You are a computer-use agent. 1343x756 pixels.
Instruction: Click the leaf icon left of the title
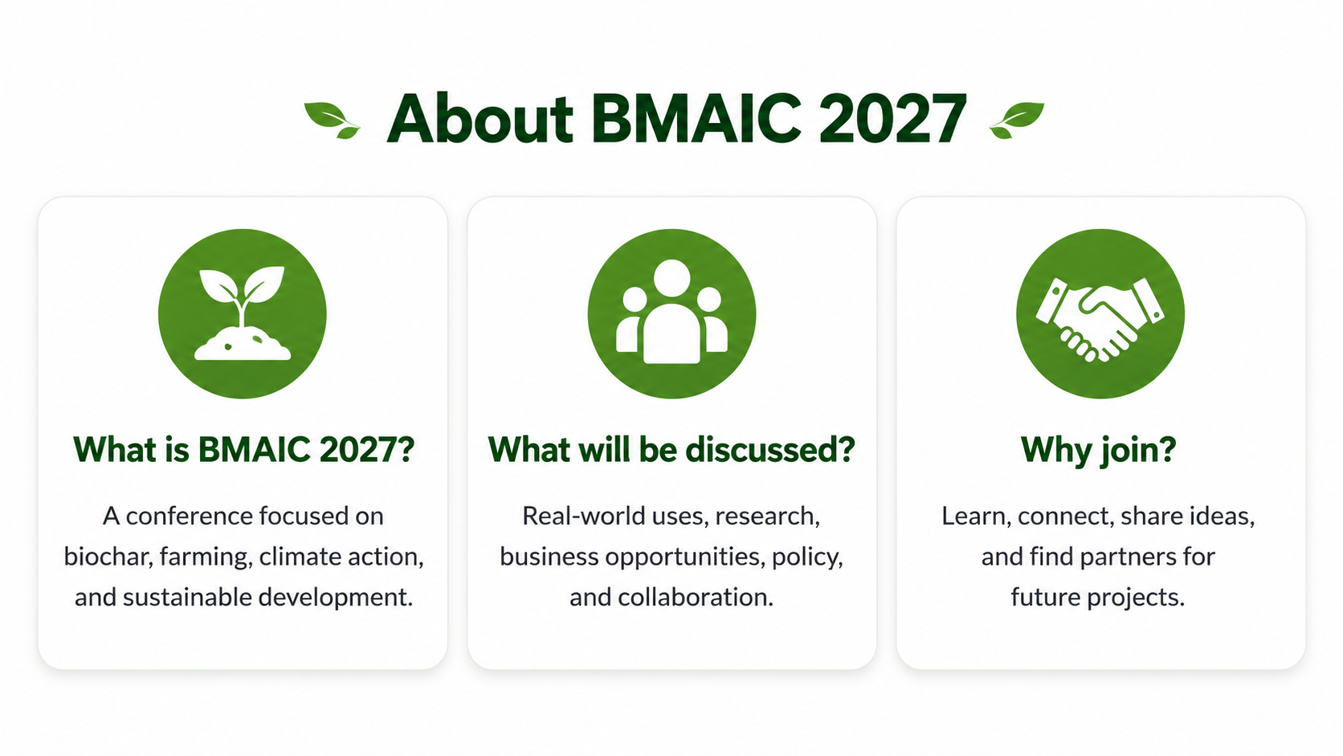tap(333, 120)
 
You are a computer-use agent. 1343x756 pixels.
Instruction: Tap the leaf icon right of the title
tap(1017, 120)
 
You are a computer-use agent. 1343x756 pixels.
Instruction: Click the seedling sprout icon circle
tap(243, 313)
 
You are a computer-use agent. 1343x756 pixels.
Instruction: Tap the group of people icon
tap(671, 313)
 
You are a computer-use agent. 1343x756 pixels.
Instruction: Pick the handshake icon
tap(1100, 313)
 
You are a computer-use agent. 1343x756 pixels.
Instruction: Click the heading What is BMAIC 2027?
tap(243, 449)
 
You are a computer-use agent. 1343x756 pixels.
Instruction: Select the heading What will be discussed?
tap(671, 449)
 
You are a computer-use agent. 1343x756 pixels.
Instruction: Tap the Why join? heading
tap(1098, 450)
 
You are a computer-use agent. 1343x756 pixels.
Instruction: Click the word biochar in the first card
tap(108, 557)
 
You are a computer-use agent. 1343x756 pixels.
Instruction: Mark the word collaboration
tap(696, 597)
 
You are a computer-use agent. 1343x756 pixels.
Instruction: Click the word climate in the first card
tap(300, 557)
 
